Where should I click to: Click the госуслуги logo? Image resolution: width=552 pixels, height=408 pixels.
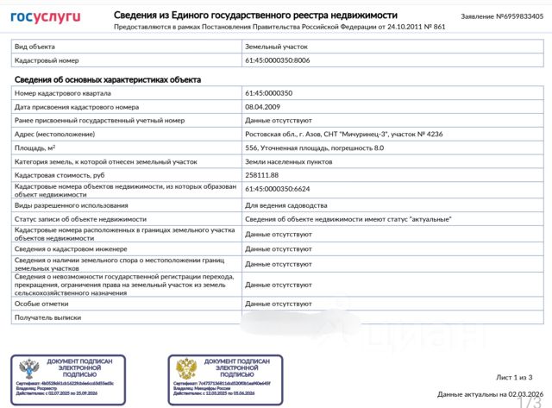(x=46, y=16)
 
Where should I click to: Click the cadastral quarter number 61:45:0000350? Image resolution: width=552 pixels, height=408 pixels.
(x=269, y=92)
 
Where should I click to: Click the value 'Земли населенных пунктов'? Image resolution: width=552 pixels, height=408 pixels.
(x=287, y=161)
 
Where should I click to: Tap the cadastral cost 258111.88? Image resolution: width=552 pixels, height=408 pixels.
(x=266, y=175)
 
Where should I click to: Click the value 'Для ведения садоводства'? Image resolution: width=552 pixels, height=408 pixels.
(x=286, y=205)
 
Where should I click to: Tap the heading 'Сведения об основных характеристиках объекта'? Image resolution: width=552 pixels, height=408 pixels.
(x=108, y=79)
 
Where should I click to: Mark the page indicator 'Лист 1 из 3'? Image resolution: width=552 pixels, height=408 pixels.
(x=521, y=377)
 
